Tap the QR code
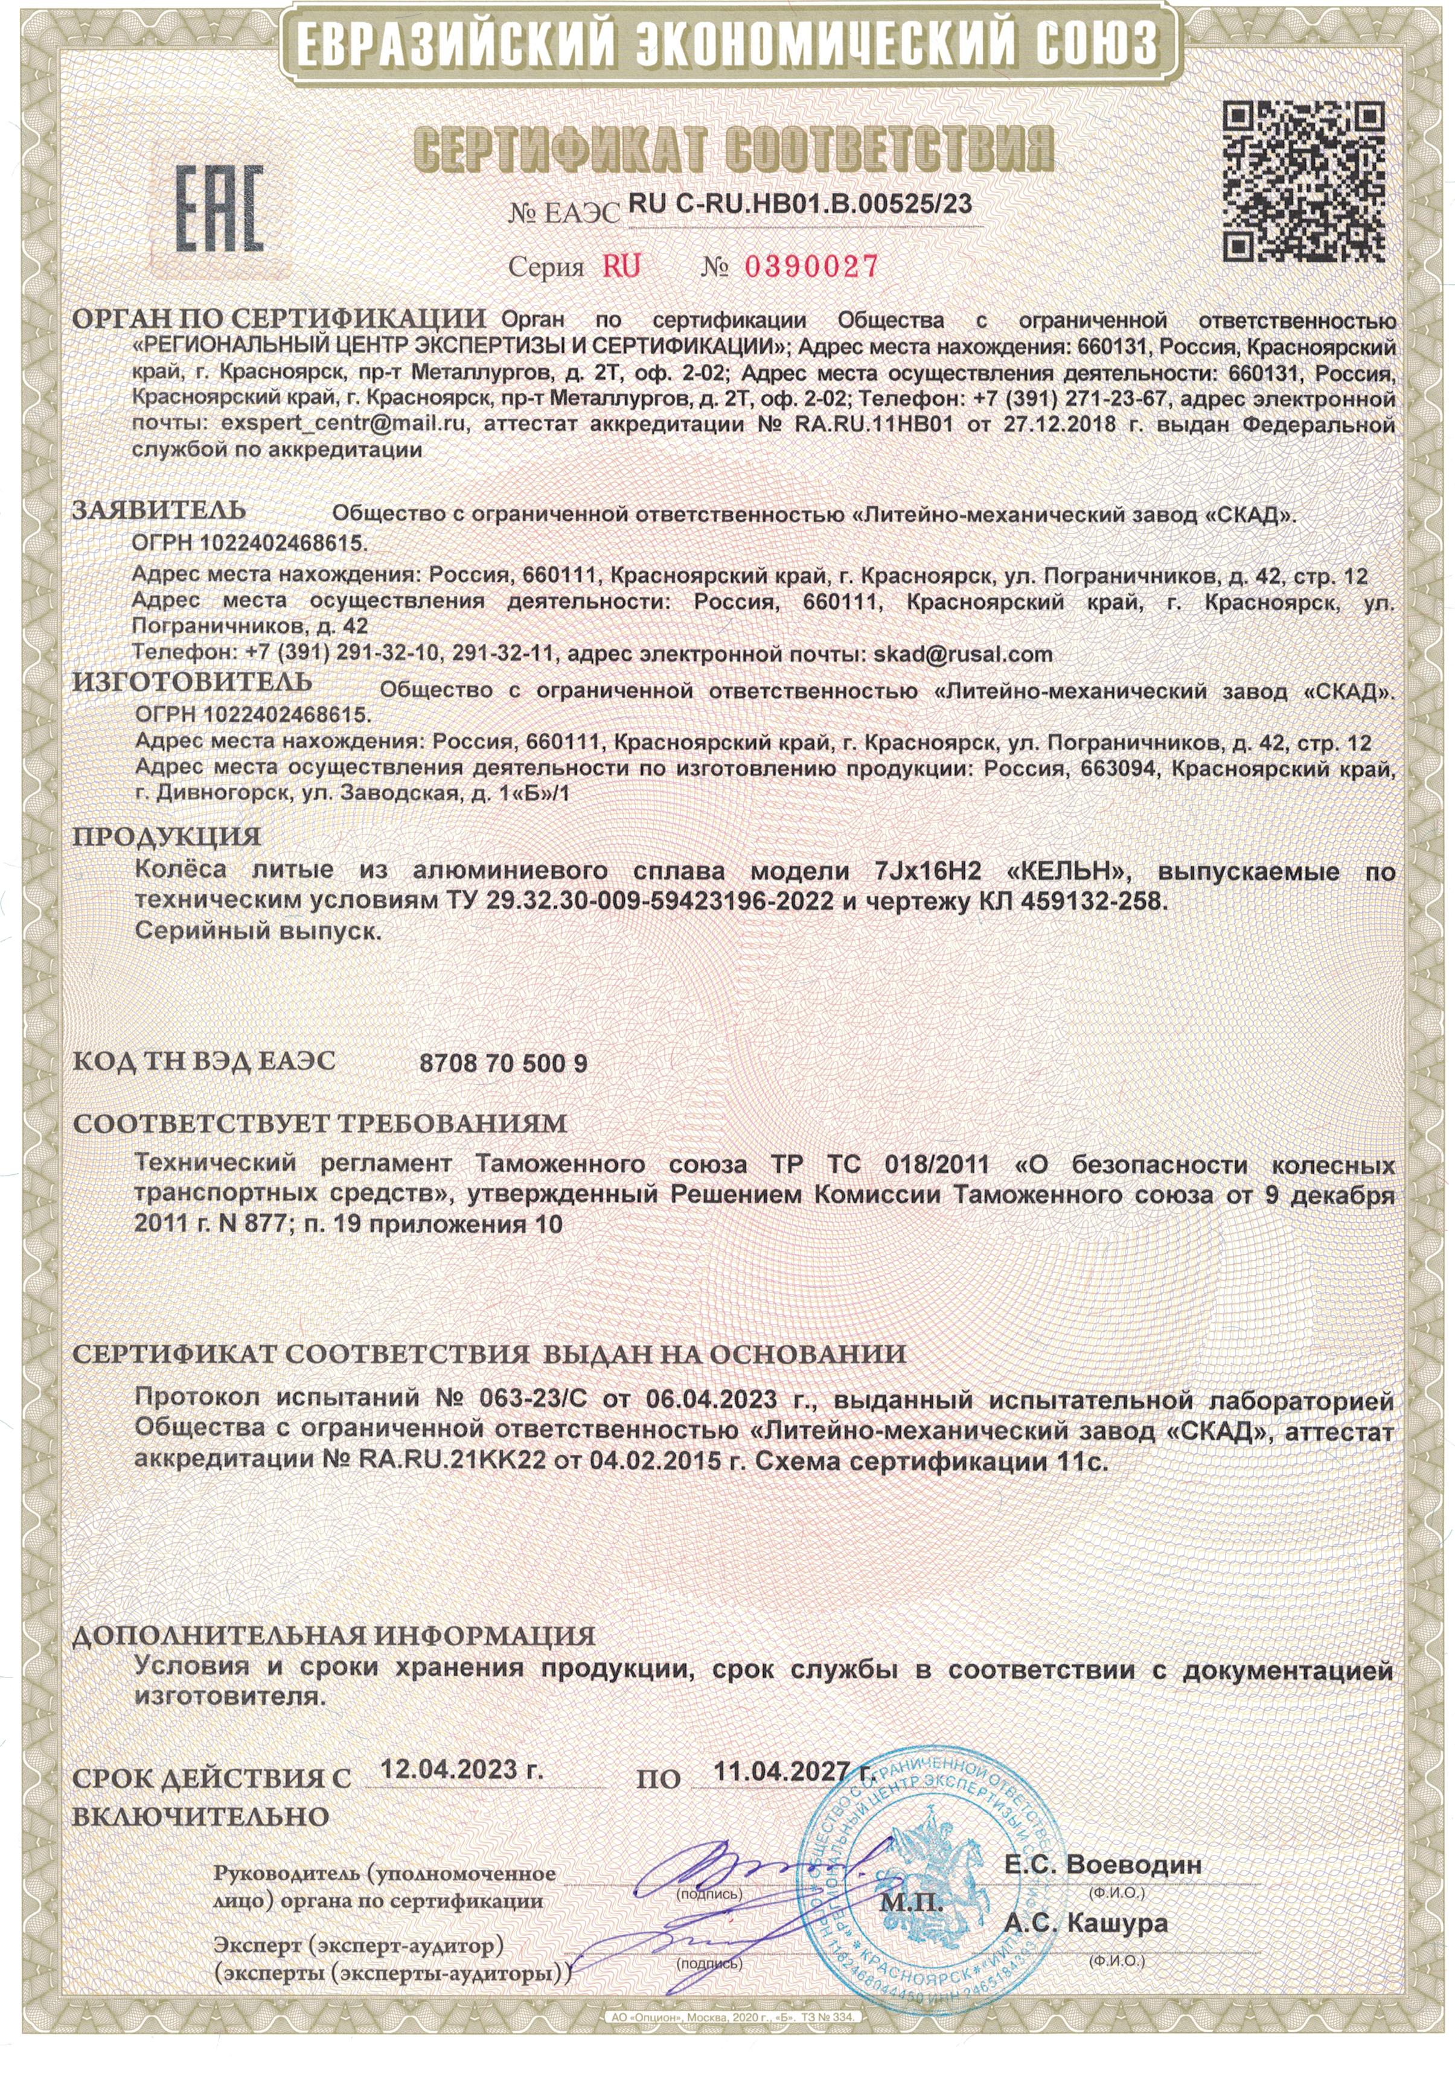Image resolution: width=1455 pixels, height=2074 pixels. [1303, 180]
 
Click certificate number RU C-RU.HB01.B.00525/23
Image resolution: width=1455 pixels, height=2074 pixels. [800, 204]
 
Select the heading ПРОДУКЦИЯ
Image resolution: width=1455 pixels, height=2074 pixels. [167, 836]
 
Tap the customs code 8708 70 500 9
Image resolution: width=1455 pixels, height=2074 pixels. [504, 1063]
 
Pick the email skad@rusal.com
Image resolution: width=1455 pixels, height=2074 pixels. [962, 653]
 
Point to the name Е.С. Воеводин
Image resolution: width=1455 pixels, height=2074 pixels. [1102, 1863]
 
